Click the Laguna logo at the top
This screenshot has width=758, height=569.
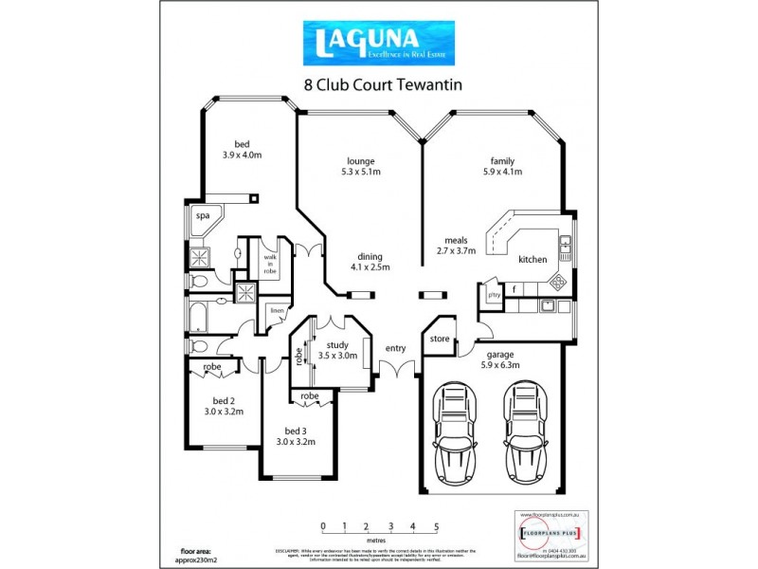pos(378,43)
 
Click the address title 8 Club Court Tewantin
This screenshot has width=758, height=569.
pos(382,83)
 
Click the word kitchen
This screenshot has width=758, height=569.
pos(532,259)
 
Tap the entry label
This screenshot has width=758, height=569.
pos(395,348)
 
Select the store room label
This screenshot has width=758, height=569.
pos(439,338)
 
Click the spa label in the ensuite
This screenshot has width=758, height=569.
pos(202,216)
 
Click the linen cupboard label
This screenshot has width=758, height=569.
pos(277,310)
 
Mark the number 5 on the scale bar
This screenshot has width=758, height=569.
pos(436,525)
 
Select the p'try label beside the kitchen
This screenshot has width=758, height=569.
pos(493,294)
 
